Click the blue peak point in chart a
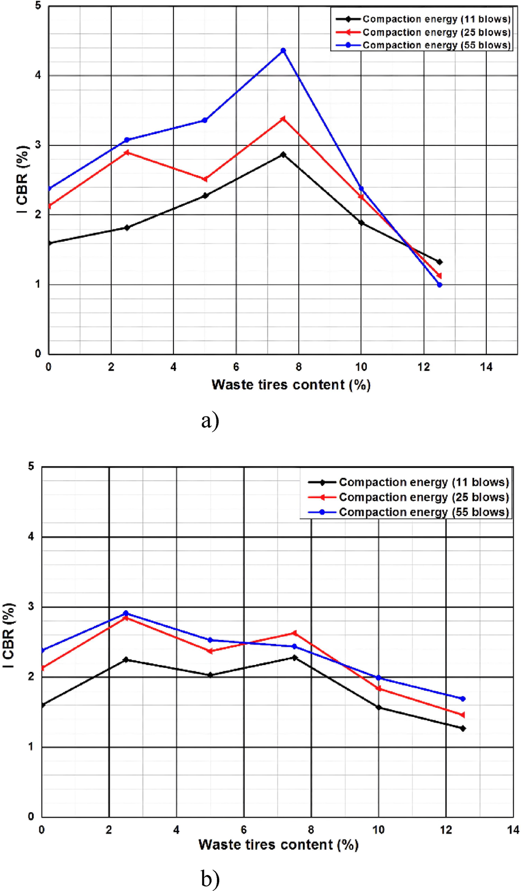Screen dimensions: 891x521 click(283, 51)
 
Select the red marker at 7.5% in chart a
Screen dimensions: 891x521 click(282, 119)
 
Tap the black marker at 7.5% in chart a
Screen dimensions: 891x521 click(283, 155)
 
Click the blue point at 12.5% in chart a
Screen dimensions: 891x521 click(439, 285)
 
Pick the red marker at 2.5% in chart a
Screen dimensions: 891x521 click(126, 152)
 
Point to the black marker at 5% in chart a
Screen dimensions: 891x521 click(205, 196)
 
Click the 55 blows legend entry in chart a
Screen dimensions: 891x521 click(436, 45)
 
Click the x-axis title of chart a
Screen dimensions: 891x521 click(290, 385)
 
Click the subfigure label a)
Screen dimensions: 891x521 click(209, 422)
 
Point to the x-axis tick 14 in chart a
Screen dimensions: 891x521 click(486, 367)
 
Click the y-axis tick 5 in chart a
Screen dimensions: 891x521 click(37, 7)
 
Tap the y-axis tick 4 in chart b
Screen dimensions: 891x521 click(31, 537)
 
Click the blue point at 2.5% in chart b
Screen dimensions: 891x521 click(126, 614)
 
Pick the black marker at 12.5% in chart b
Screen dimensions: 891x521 click(463, 728)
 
